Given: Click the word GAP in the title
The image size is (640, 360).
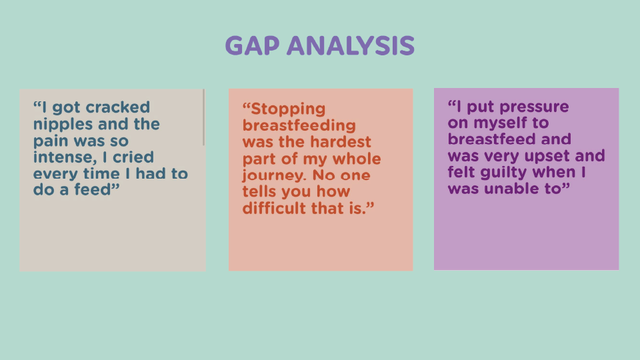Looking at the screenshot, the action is (x=252, y=45).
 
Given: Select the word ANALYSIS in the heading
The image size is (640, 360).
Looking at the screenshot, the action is (x=351, y=45).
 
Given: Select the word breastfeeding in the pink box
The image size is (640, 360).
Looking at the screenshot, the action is (x=299, y=125).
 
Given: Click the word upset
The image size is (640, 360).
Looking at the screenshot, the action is (x=545, y=156).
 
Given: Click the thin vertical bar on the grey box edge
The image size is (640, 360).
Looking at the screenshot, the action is (x=204, y=117).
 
